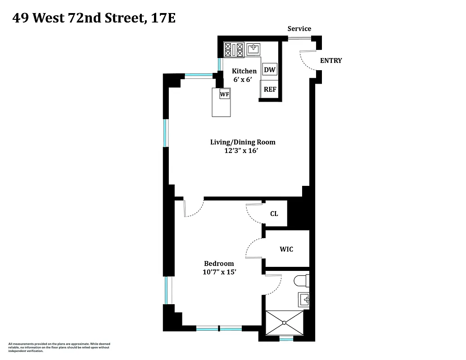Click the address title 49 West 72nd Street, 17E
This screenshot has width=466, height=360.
[x=94, y=18]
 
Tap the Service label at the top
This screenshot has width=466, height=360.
[x=299, y=29]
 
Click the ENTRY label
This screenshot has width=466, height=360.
[x=330, y=61]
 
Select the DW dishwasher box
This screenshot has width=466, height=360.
[x=269, y=70]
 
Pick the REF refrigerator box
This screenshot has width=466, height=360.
[x=270, y=89]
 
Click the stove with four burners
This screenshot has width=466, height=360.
[x=234, y=49]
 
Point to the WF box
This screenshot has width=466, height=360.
[x=225, y=94]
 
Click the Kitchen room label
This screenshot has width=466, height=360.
[x=244, y=71]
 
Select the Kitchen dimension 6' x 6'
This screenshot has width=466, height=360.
[x=241, y=80]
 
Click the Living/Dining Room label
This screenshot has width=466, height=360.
[x=243, y=142]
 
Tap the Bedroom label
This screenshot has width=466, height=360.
[x=219, y=264]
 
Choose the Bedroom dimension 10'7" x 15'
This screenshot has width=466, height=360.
[x=219, y=272]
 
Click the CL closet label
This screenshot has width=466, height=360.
[x=274, y=213]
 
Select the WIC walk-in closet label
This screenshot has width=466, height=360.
[x=286, y=249]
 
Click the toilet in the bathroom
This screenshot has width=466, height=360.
[x=301, y=281]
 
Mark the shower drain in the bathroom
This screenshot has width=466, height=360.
[x=285, y=322]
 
